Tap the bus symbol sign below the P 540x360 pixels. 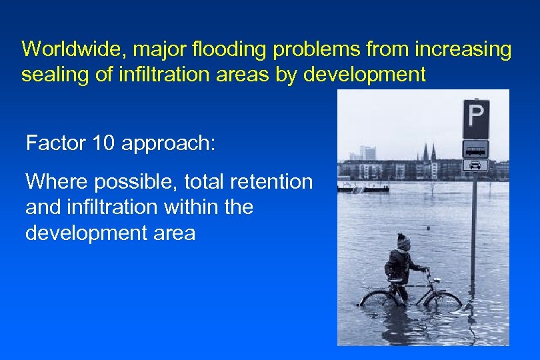click(x=475, y=148)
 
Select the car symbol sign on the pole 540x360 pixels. click(x=475, y=165)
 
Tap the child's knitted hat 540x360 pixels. click(x=404, y=241)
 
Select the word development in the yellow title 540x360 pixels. click(x=364, y=74)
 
